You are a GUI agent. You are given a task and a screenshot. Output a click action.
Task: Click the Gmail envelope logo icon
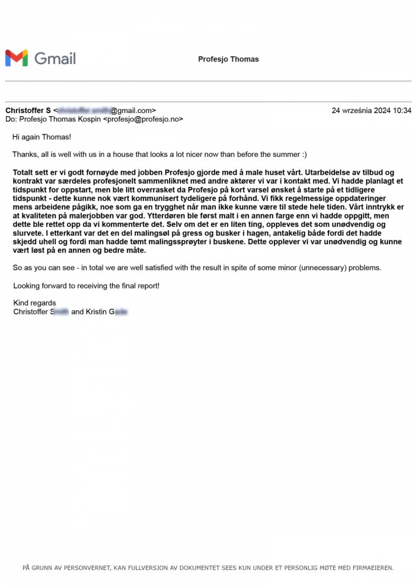pos(17,58)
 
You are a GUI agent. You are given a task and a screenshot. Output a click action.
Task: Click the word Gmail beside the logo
pos(55,58)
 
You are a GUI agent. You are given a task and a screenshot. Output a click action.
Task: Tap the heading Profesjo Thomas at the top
pos(228,59)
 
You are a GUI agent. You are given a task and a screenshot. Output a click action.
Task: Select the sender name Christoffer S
pos(28,110)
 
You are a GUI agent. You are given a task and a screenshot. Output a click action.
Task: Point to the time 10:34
pos(401,110)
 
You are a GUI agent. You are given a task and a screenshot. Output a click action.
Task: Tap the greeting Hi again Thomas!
pos(41,137)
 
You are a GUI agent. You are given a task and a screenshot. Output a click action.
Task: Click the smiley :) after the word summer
pos(303,155)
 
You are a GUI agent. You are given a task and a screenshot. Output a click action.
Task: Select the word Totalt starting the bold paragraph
pos(24,172)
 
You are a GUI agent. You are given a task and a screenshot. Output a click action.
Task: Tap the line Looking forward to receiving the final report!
pos(86,286)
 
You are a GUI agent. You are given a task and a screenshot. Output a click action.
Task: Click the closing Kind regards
pos(34,303)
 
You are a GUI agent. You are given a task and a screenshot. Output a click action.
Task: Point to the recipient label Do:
pos(11,119)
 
